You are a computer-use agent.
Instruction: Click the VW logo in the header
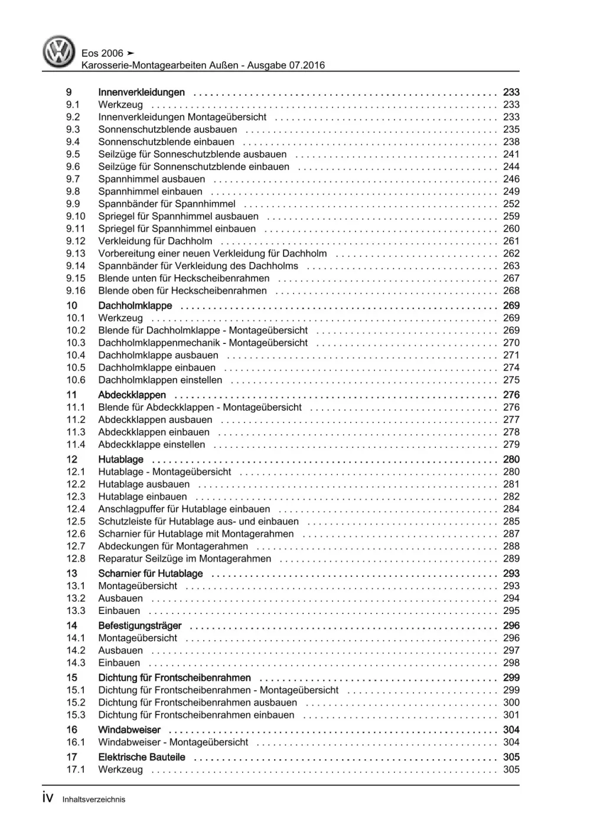[x=59, y=51]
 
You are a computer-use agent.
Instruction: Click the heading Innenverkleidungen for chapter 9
[x=141, y=92]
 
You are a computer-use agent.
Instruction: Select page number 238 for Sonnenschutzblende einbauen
[x=511, y=142]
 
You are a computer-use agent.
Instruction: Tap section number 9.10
[x=76, y=216]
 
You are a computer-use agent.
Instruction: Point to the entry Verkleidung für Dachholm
[x=155, y=241]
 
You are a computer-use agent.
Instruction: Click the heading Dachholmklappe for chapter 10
[x=135, y=306]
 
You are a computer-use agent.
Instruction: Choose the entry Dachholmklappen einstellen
[x=160, y=380]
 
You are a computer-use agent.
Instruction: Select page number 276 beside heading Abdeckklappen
[x=511, y=395]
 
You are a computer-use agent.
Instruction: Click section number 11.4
[x=76, y=444]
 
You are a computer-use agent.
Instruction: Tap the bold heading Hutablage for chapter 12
[x=120, y=459]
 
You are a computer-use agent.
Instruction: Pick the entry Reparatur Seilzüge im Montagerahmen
[x=184, y=558]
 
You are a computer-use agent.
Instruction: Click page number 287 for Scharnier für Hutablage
[x=511, y=534]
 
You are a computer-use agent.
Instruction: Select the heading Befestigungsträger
[x=139, y=625]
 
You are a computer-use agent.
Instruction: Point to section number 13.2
[x=76, y=598]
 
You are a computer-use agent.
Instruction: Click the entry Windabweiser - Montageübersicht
[x=173, y=742]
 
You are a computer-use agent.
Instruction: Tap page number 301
[x=511, y=715]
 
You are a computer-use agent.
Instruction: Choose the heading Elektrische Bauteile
[x=141, y=757]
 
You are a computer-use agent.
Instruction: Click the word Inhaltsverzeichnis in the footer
[x=93, y=800]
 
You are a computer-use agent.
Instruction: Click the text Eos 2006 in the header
[x=102, y=53]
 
